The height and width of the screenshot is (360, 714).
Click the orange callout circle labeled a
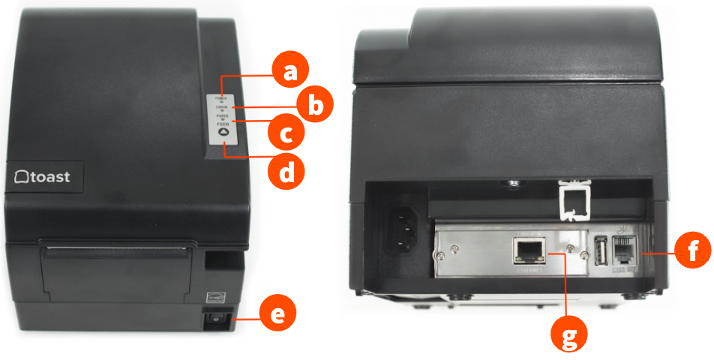tap(289, 72)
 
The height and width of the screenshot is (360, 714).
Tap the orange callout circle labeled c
tap(286, 134)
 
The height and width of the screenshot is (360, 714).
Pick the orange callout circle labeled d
tap(286, 172)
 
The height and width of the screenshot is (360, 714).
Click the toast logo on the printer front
tap(43, 177)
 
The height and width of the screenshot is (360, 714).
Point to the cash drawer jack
tap(624, 249)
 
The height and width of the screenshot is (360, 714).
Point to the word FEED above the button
tap(222, 123)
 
